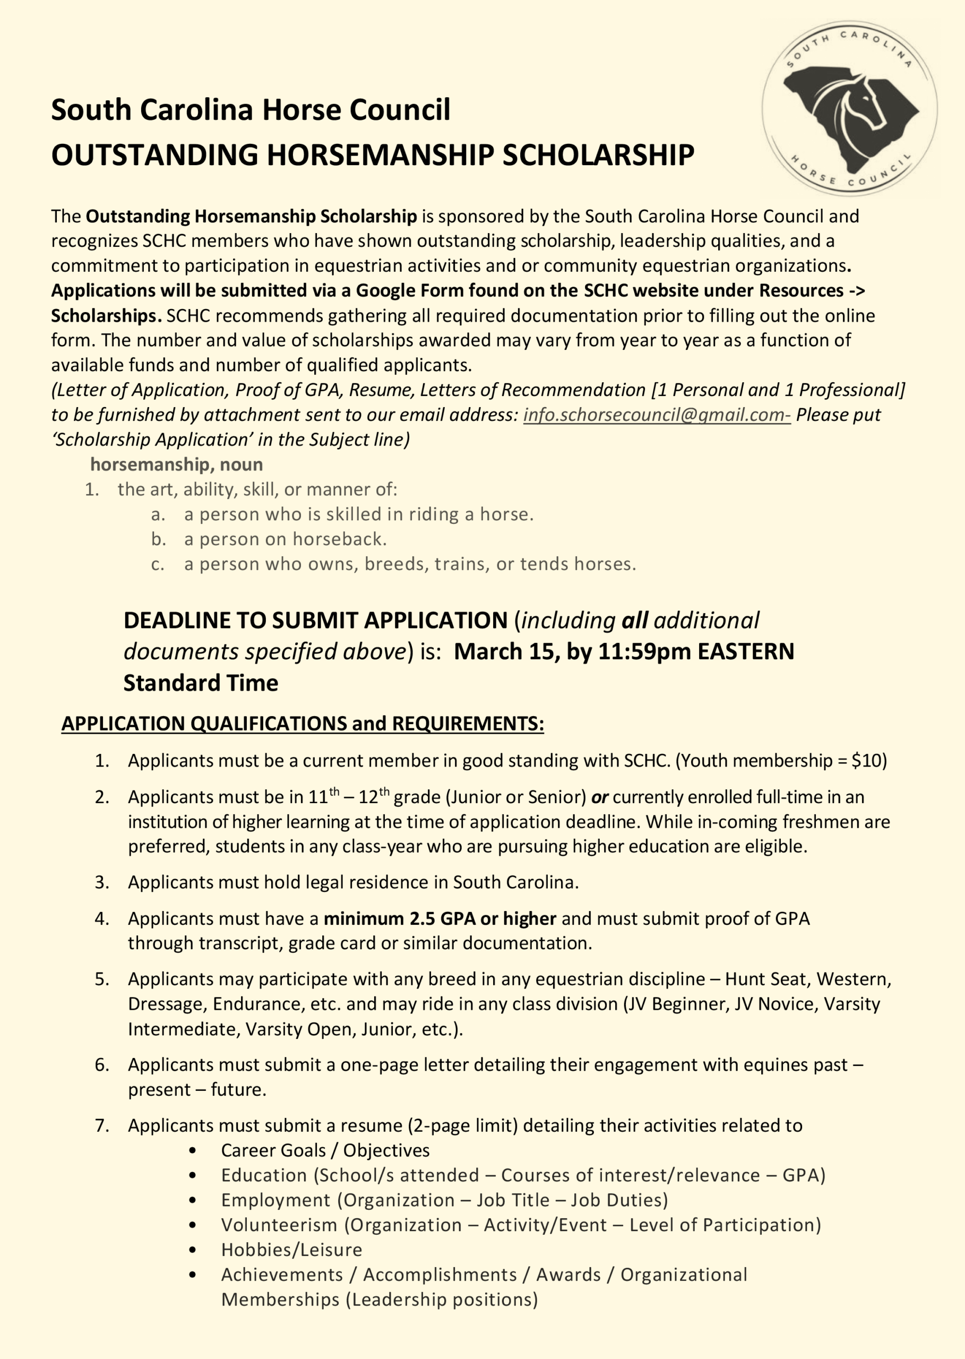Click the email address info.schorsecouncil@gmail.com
656,415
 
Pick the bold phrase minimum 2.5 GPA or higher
440,919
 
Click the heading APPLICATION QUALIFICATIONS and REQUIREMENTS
303,724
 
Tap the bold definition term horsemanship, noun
176,465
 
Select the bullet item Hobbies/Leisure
291,1250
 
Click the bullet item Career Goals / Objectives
325,1150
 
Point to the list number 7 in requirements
101,1125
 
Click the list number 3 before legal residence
101,882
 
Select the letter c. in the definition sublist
158,564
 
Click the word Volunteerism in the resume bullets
279,1225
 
